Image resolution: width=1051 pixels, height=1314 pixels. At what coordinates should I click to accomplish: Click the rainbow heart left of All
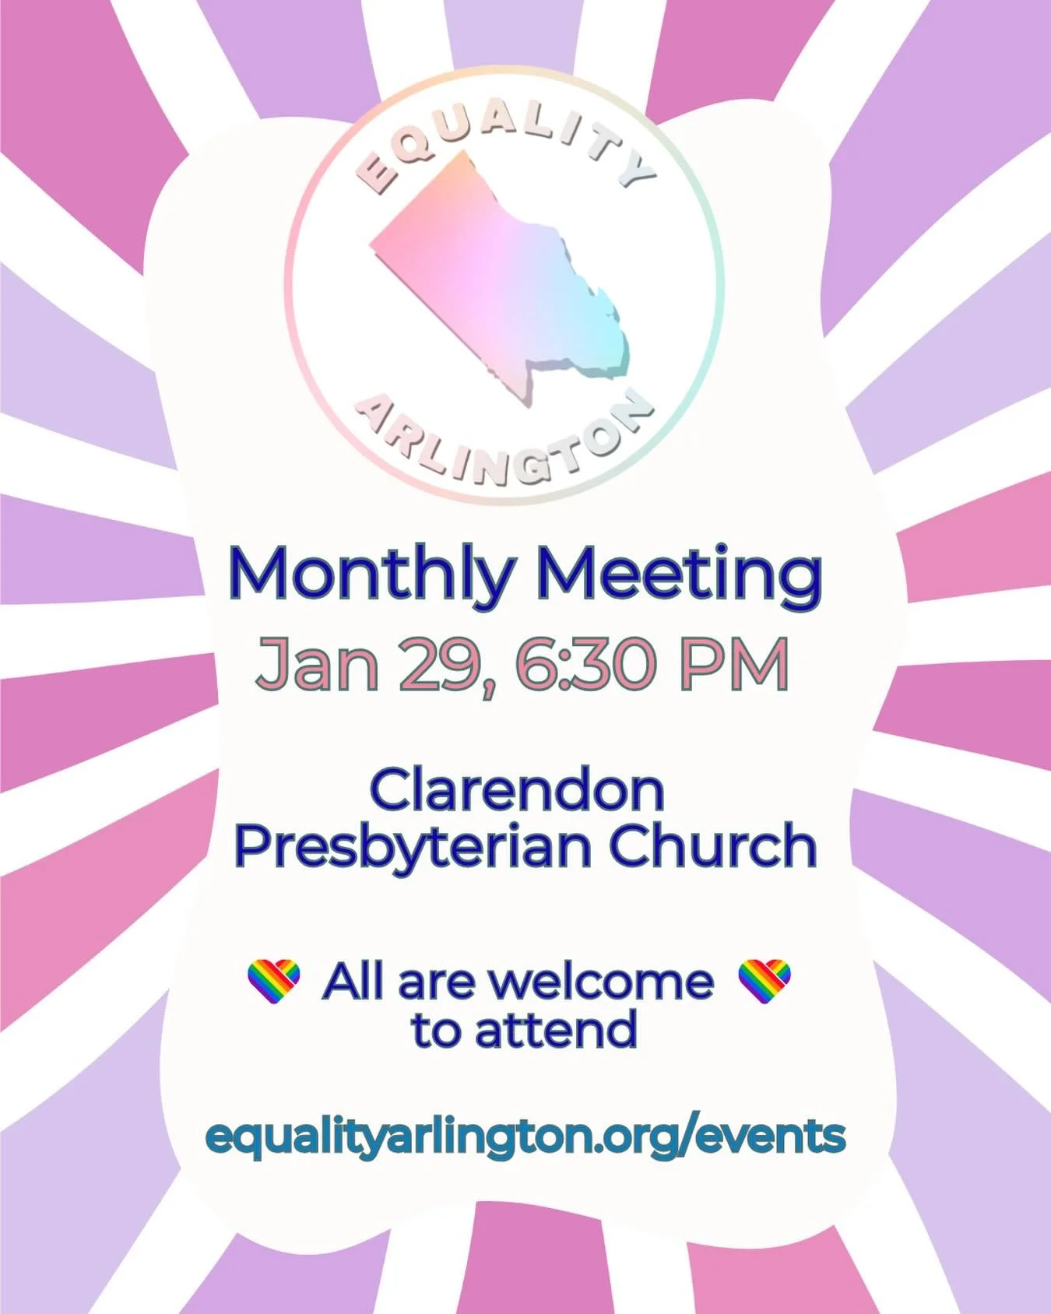(273, 981)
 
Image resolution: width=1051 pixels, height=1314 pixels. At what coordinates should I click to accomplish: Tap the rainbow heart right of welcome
(765, 981)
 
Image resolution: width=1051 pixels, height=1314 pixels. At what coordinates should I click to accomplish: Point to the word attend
(556, 1029)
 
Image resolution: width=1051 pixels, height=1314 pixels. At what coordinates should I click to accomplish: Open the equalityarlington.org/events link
(525, 1137)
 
